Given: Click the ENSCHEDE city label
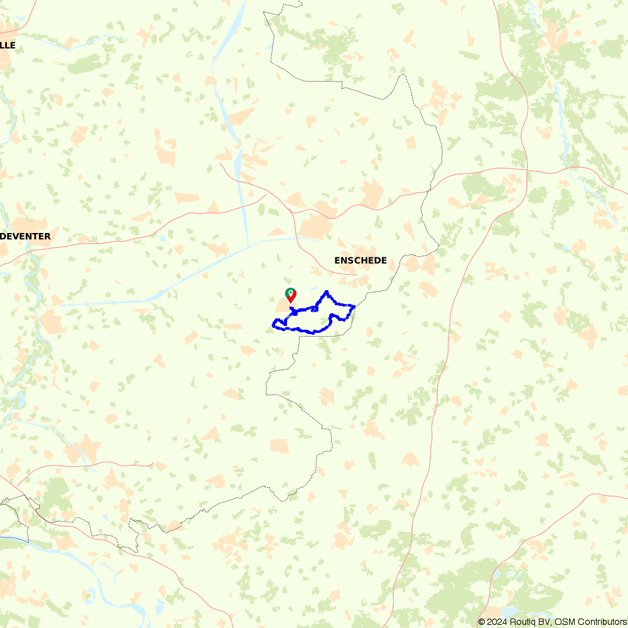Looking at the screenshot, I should [x=360, y=261].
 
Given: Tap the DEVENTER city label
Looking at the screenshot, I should [x=25, y=237].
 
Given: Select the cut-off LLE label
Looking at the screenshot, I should [x=8, y=45].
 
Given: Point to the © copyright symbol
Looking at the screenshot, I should [x=482, y=622].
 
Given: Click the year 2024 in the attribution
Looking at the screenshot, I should [x=496, y=622].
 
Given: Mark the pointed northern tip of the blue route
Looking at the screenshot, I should [x=326, y=291].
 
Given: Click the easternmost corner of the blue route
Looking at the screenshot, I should [x=355, y=306].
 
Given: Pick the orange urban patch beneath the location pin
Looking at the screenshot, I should [x=281, y=305].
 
